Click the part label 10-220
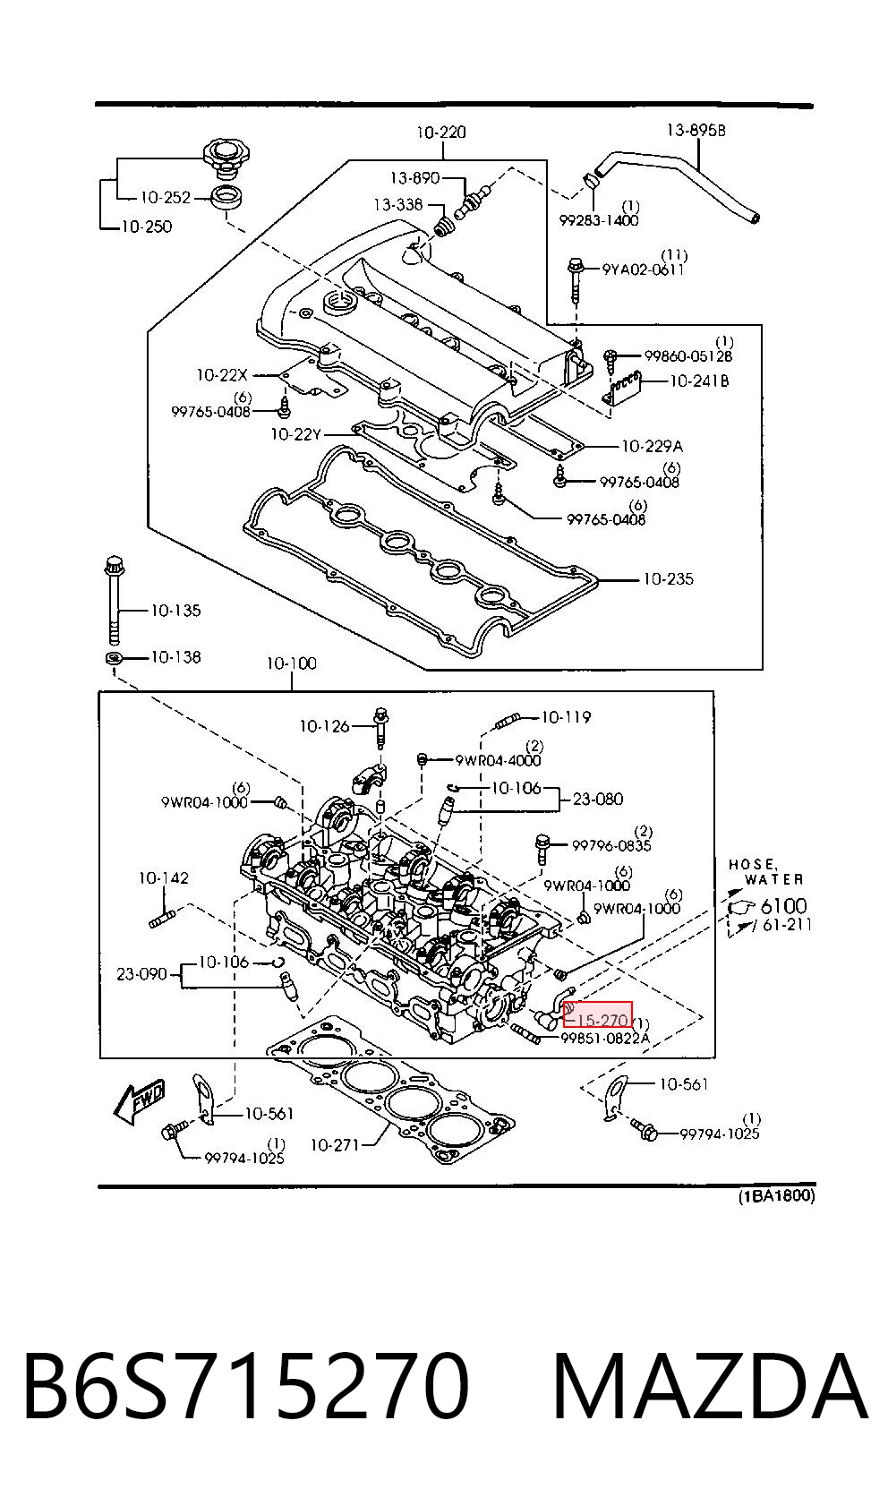tap(441, 133)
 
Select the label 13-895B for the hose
tap(696, 131)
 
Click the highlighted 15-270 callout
tap(598, 1020)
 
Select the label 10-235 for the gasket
tap(668, 579)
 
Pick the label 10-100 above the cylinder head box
tap(291, 663)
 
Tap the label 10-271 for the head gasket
tap(336, 1145)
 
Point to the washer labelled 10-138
tap(115, 657)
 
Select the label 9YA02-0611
tap(643, 270)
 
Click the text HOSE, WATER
tap(766, 872)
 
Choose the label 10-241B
tap(700, 381)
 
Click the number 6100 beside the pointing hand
tap(784, 906)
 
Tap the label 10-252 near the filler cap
tap(166, 198)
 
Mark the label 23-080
tap(598, 800)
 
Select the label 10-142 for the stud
tap(163, 878)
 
